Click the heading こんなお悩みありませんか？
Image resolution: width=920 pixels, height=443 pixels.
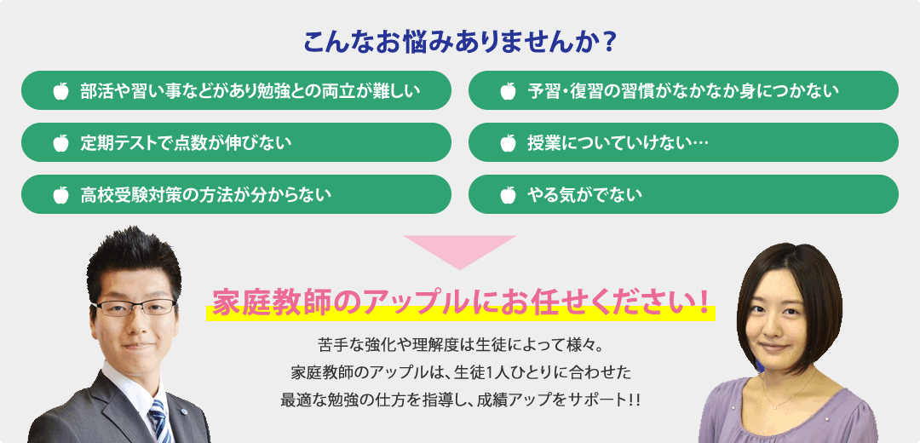459,43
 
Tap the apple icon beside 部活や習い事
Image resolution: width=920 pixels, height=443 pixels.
61,91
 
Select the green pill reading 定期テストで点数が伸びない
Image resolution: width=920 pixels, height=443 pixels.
237,142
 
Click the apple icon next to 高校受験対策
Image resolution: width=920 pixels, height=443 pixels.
61,194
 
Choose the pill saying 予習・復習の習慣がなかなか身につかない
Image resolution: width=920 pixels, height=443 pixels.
683,90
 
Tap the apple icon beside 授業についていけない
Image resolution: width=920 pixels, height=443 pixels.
508,142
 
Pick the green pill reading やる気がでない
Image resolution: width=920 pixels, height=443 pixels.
683,194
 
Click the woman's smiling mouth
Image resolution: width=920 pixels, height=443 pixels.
773,348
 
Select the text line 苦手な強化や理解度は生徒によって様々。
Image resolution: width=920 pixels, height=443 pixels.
460,344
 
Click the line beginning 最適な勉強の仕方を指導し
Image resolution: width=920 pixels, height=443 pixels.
460,400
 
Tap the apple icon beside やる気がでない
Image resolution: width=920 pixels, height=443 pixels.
508,194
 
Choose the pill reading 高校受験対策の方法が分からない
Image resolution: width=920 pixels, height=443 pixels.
237,194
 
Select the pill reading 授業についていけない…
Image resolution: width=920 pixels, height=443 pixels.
683,142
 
